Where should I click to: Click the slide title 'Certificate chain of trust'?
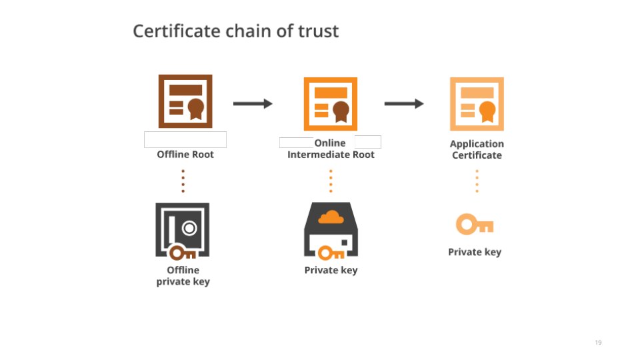pyautogui.click(x=236, y=31)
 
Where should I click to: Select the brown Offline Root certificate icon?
pyautogui.click(x=185, y=101)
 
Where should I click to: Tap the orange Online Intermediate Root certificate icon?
pyautogui.click(x=331, y=103)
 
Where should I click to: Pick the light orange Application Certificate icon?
pyautogui.click(x=477, y=103)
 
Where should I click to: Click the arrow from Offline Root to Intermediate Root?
pyautogui.click(x=253, y=103)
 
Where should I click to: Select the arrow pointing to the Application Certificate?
pyautogui.click(x=404, y=103)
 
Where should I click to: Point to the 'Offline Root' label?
pyautogui.click(x=185, y=155)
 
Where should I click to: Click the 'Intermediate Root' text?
pyautogui.click(x=331, y=155)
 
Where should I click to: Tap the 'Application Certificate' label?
pyautogui.click(x=477, y=149)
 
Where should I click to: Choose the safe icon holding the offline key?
pyautogui.click(x=182, y=230)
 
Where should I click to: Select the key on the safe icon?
pyautogui.click(x=182, y=253)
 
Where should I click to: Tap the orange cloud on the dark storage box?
pyautogui.click(x=331, y=217)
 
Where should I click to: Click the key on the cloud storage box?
pyautogui.click(x=331, y=253)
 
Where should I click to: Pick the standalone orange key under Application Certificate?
pyautogui.click(x=475, y=225)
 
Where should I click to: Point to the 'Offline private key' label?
pyautogui.click(x=183, y=276)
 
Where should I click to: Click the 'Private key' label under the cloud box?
pyautogui.click(x=331, y=270)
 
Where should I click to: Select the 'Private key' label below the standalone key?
pyautogui.click(x=475, y=252)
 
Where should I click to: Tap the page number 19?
pyautogui.click(x=598, y=343)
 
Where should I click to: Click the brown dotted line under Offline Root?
pyautogui.click(x=183, y=180)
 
